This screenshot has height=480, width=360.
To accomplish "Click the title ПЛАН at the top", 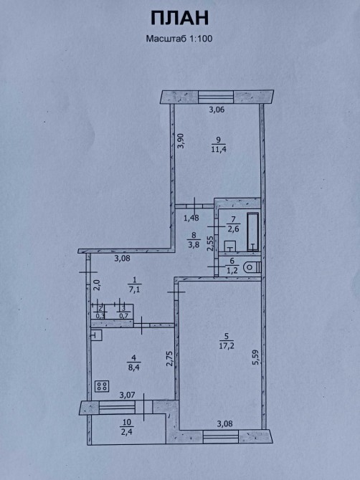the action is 179,18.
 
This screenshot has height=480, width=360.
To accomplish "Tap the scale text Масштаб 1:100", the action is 179,39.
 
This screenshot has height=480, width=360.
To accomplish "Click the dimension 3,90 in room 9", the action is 181,141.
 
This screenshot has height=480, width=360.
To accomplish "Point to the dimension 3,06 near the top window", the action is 217,110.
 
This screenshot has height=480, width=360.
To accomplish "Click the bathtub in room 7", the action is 252,231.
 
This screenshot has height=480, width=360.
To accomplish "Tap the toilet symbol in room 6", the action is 252,267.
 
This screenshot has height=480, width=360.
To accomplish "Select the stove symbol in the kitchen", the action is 102,386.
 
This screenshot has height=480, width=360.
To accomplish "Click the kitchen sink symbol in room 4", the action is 97,335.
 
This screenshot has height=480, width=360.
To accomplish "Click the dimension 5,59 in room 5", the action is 256,357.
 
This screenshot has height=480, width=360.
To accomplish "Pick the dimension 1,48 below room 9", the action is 191,218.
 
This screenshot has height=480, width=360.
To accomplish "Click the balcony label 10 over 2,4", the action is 127,427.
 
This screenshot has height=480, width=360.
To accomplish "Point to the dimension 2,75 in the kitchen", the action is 169,358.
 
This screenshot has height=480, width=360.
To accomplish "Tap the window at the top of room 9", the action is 216,97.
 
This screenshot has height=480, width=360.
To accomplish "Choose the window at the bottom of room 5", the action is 221,436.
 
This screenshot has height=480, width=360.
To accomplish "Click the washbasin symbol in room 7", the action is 230,246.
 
